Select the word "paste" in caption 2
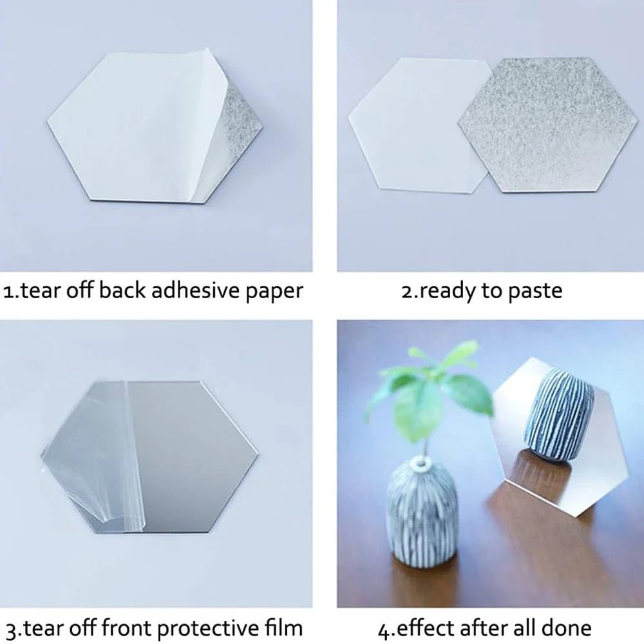[535, 292]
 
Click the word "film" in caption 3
[281, 627]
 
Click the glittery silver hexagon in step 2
[547, 122]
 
